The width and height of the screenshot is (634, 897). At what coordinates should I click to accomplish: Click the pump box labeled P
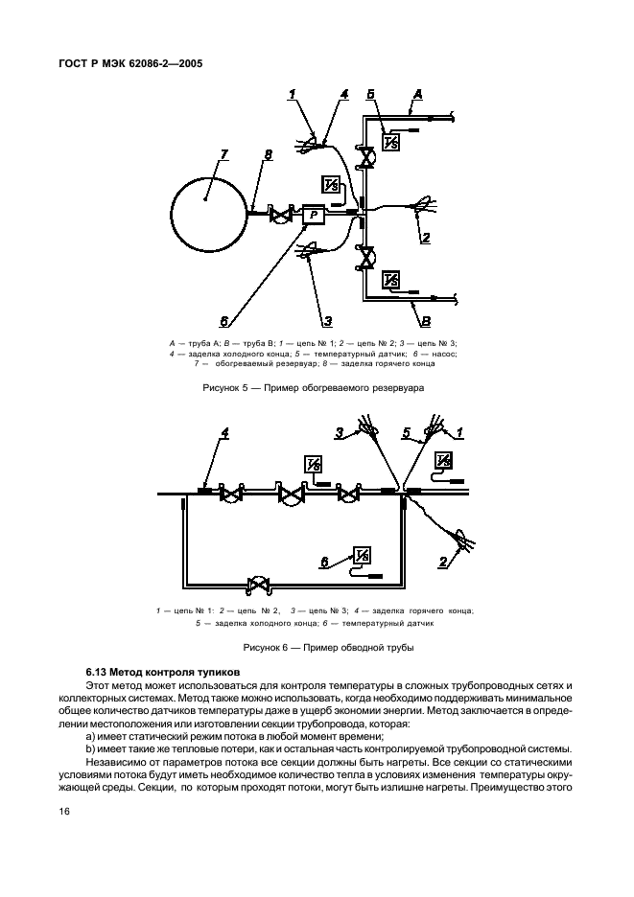315,217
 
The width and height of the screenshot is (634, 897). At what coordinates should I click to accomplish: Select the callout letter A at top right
418,94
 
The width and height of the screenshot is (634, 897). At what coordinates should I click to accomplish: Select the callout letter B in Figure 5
425,322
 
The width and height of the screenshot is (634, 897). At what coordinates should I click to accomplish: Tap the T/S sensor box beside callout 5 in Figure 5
390,143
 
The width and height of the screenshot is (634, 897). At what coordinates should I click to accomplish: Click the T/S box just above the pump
332,185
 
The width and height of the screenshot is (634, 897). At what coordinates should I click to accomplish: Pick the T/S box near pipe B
390,281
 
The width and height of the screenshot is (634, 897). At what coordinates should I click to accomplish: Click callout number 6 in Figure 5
223,322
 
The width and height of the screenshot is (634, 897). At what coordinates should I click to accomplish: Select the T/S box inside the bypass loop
363,556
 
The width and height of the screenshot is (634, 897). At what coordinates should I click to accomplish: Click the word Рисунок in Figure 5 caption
226,389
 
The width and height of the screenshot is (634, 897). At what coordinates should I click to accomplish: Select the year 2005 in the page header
190,64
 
